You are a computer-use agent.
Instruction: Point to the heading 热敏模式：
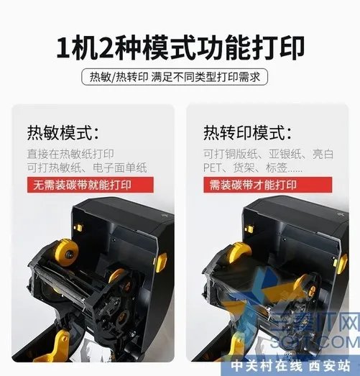(x=63, y=133)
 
